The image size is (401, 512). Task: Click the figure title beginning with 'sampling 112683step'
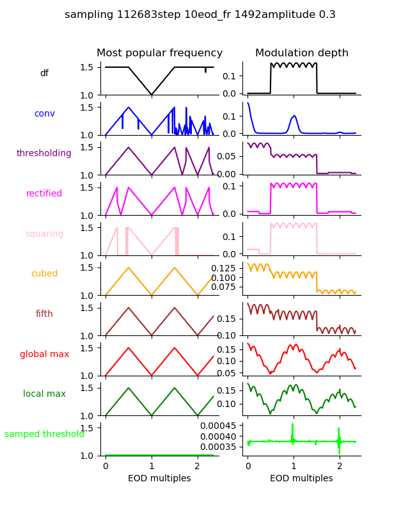pyautogui.click(x=200, y=15)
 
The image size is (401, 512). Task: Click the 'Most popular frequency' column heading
pyautogui.click(x=159, y=53)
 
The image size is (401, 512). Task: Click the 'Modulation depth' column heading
pyautogui.click(x=302, y=53)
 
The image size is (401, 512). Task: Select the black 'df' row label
pyautogui.click(x=44, y=74)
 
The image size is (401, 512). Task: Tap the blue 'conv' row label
pyautogui.click(x=44, y=114)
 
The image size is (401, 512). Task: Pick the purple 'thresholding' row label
pyautogui.click(x=44, y=154)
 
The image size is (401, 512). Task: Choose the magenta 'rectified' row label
pyautogui.click(x=44, y=194)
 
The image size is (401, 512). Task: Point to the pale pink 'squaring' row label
pyautogui.click(x=44, y=234)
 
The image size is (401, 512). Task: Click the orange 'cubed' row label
pyautogui.click(x=44, y=274)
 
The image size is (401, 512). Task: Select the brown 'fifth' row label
pyautogui.click(x=44, y=314)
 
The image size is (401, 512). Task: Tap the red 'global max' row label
pyautogui.click(x=44, y=355)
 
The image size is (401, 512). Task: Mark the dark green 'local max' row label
pyautogui.click(x=44, y=394)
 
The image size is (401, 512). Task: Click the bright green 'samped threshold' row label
pyautogui.click(x=44, y=435)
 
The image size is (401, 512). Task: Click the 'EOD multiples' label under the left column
pyautogui.click(x=159, y=479)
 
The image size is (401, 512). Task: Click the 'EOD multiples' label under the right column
pyautogui.click(x=301, y=479)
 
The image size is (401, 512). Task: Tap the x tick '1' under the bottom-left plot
pyautogui.click(x=152, y=466)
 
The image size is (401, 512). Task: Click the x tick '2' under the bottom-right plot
pyautogui.click(x=340, y=466)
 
